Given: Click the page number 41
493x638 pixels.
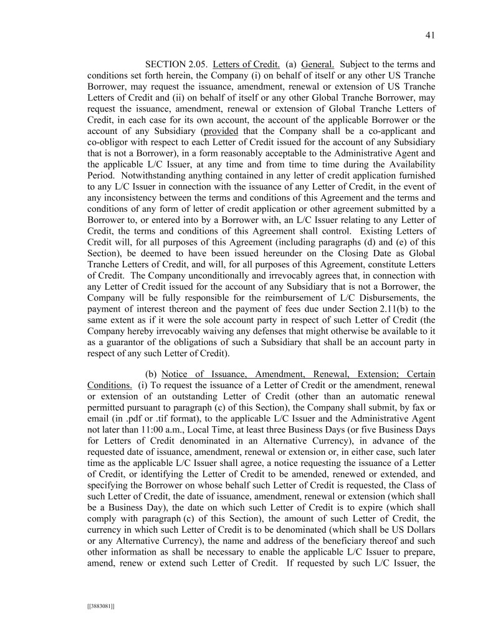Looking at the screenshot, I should click(429, 36).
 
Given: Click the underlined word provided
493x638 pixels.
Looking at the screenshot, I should click(221, 131).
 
